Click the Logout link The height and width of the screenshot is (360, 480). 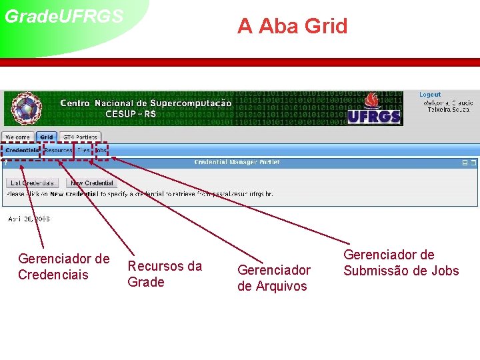(x=430, y=95)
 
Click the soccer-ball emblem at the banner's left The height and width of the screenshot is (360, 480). (x=20, y=109)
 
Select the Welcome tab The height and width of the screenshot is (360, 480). (x=18, y=137)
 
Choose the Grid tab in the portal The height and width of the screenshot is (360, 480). (x=47, y=137)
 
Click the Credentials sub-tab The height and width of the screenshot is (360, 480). (x=22, y=151)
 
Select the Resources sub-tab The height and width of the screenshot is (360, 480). (x=58, y=151)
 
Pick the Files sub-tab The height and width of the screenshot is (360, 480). (x=83, y=151)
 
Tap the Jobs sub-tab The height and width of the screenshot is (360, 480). (x=101, y=151)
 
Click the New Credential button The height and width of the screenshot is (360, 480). (x=92, y=183)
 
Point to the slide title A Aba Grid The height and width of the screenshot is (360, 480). (x=293, y=27)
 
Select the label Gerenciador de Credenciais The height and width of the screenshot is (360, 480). (x=63, y=267)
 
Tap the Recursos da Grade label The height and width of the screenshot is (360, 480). (x=164, y=274)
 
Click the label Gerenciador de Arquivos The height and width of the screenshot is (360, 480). (x=273, y=278)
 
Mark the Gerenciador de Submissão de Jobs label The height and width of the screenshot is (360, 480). (x=401, y=263)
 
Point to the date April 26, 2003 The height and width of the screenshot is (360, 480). (x=29, y=219)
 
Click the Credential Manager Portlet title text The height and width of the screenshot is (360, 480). (x=237, y=162)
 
